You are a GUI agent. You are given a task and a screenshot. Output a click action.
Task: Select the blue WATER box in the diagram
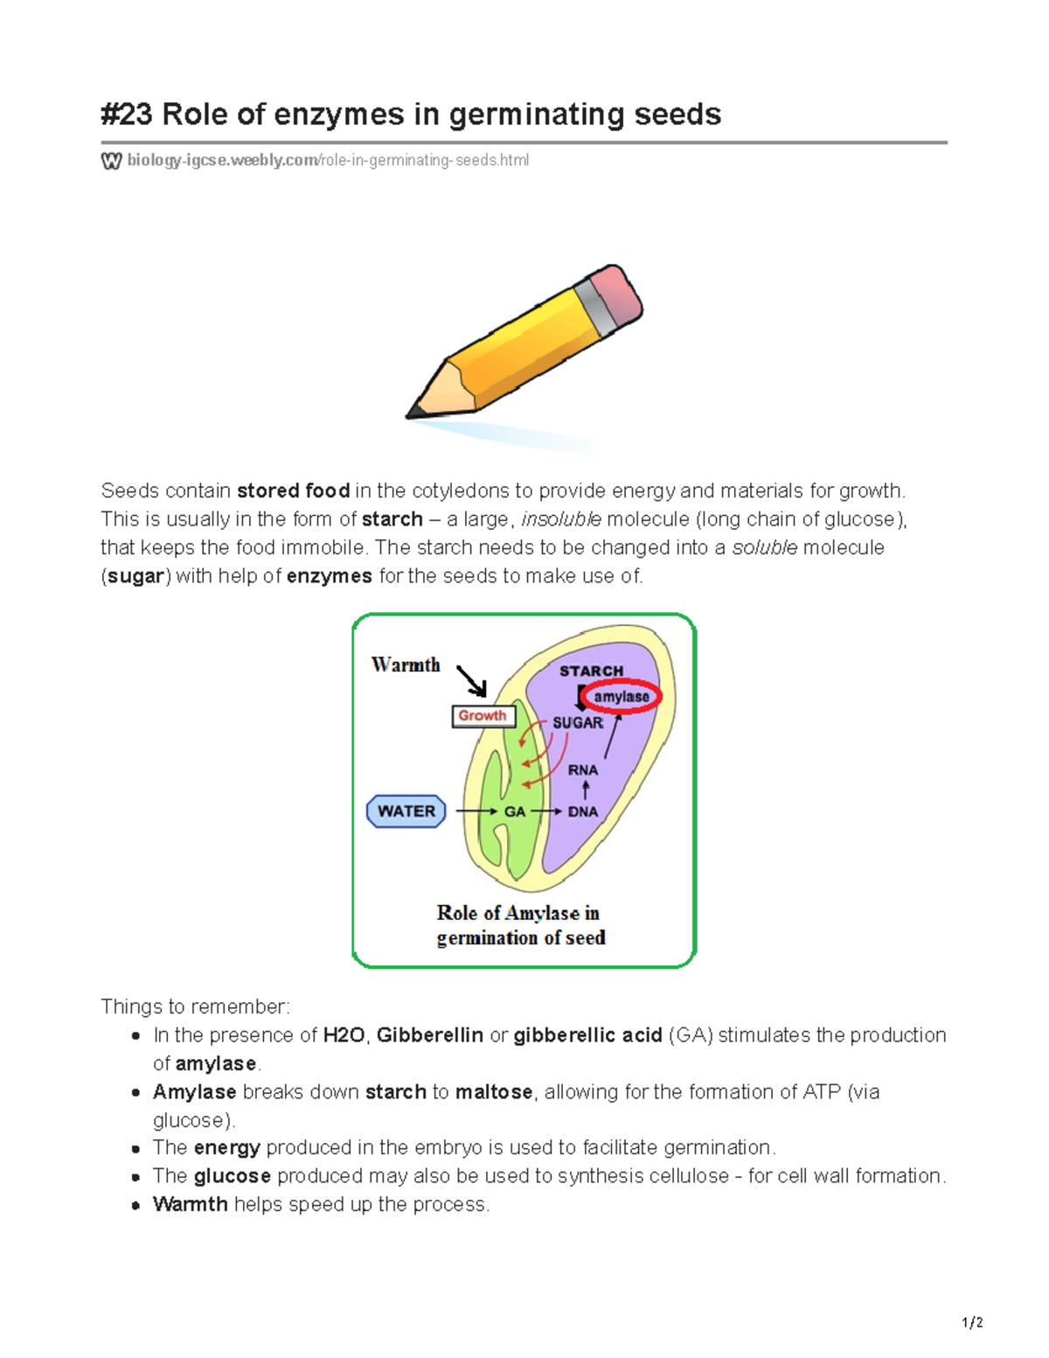[406, 811]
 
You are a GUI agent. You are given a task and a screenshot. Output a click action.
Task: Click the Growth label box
[483, 716]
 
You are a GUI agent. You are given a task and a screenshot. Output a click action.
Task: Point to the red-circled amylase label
[622, 697]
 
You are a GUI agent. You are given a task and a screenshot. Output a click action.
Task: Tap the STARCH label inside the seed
[591, 671]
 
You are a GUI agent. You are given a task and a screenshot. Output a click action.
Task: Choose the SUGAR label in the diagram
[577, 723]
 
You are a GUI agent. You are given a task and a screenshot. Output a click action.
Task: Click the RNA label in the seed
[583, 770]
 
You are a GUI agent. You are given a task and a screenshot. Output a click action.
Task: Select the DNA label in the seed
[583, 811]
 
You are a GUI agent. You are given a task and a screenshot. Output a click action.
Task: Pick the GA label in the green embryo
[515, 811]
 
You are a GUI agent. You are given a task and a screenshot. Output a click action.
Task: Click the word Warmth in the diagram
[406, 665]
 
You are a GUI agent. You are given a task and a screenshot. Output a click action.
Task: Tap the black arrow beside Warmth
[472, 680]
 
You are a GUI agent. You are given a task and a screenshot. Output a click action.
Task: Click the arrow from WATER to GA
[476, 811]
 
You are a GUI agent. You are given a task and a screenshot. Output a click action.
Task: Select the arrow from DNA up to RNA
[586, 790]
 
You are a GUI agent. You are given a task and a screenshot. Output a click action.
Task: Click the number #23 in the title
[127, 115]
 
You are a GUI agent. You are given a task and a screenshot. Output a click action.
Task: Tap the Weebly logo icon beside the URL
[111, 161]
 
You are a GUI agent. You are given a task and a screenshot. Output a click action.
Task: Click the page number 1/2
[972, 1323]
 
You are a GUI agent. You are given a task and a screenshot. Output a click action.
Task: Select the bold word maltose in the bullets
[494, 1092]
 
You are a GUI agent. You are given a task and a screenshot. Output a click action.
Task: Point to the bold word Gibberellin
[429, 1035]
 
